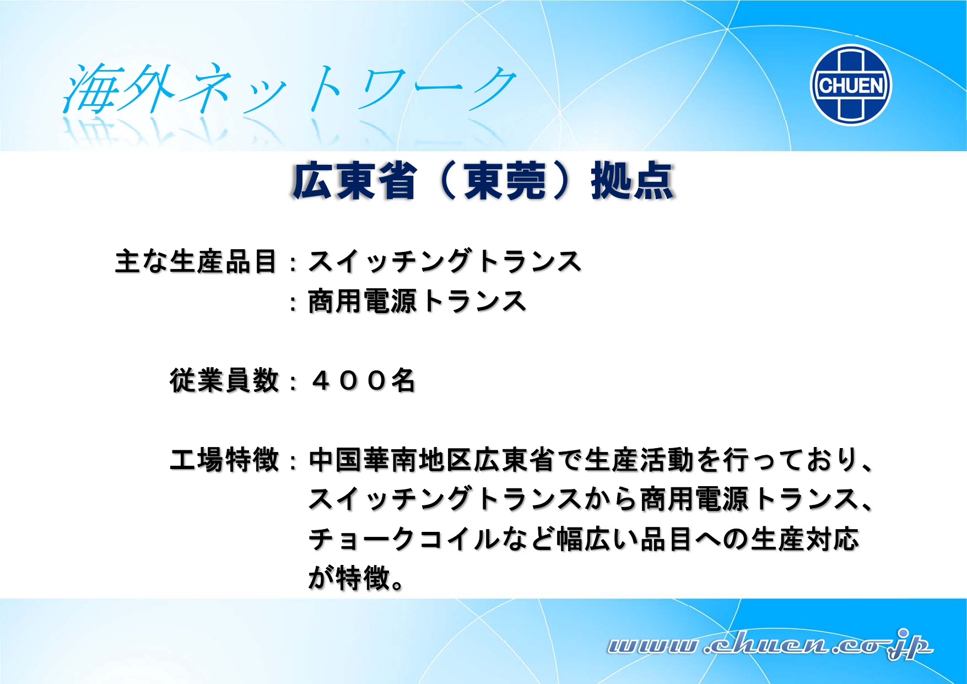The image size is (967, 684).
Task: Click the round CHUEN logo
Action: click(851, 85)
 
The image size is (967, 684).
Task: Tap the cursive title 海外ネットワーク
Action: click(290, 89)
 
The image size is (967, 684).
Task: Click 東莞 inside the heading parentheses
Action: click(505, 181)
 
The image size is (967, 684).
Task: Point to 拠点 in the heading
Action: click(633, 181)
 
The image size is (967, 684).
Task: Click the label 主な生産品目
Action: click(196, 261)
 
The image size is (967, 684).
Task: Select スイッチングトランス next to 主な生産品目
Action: click(445, 261)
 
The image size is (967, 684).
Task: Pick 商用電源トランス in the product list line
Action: click(418, 301)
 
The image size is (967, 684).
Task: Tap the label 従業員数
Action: click(224, 380)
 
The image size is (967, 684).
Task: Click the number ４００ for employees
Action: click(349, 380)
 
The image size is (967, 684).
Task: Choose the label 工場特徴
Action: click(224, 460)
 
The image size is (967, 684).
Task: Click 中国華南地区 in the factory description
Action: click(391, 460)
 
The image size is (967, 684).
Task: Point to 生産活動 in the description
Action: click(639, 460)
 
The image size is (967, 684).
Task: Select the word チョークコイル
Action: click(404, 539)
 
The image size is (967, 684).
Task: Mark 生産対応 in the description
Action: click(804, 539)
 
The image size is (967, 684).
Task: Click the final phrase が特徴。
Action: click(356, 578)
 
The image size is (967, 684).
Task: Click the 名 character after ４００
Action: click(403, 380)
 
